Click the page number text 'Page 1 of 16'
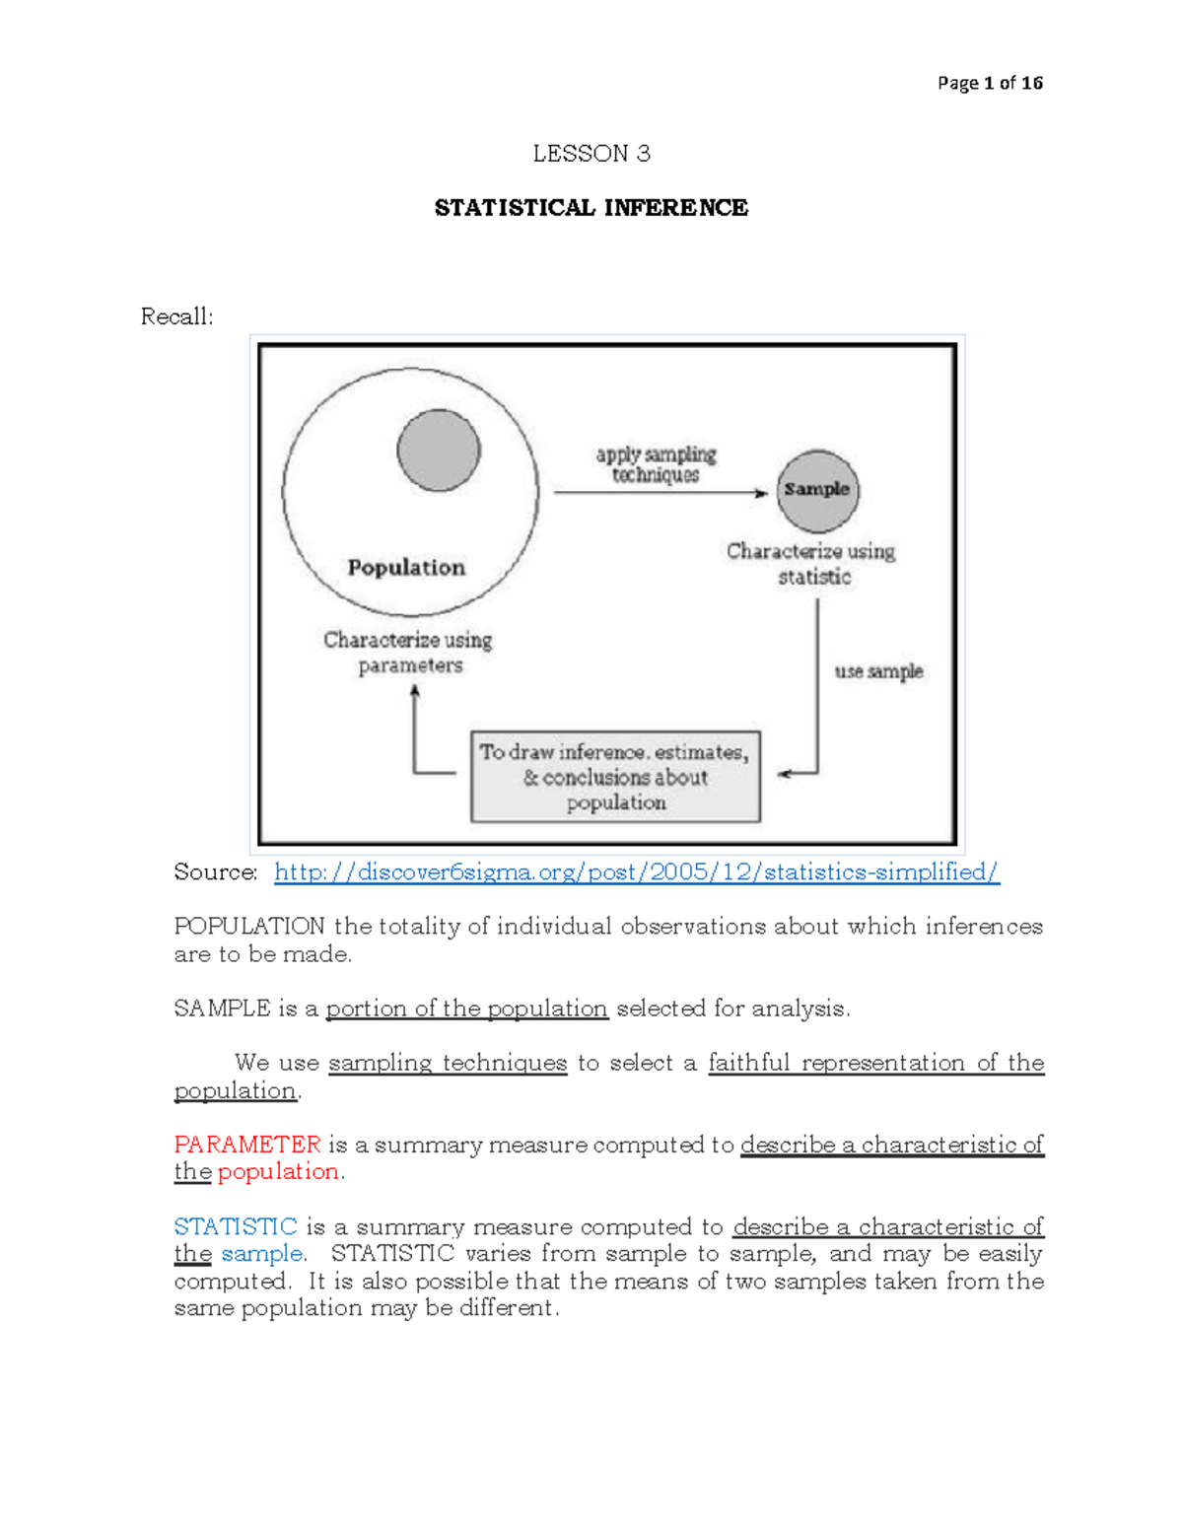[x=989, y=83]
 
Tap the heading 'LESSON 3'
[x=591, y=154]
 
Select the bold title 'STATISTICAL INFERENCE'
[x=591, y=208]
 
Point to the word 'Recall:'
[x=176, y=316]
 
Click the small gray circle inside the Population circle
[x=439, y=451]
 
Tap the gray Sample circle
[x=817, y=490]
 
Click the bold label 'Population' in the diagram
[x=406, y=568]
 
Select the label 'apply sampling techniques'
[x=656, y=464]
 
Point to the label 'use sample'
[x=878, y=671]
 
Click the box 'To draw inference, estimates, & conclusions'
[x=616, y=777]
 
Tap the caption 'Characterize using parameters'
[x=408, y=653]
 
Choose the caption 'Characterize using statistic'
[x=811, y=564]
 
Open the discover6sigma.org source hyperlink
[x=636, y=872]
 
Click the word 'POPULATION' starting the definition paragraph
[x=249, y=927]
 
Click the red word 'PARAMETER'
[x=247, y=1145]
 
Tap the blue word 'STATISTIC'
[x=236, y=1227]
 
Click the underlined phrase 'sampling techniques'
[x=448, y=1063]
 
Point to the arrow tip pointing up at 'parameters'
[x=415, y=689]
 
